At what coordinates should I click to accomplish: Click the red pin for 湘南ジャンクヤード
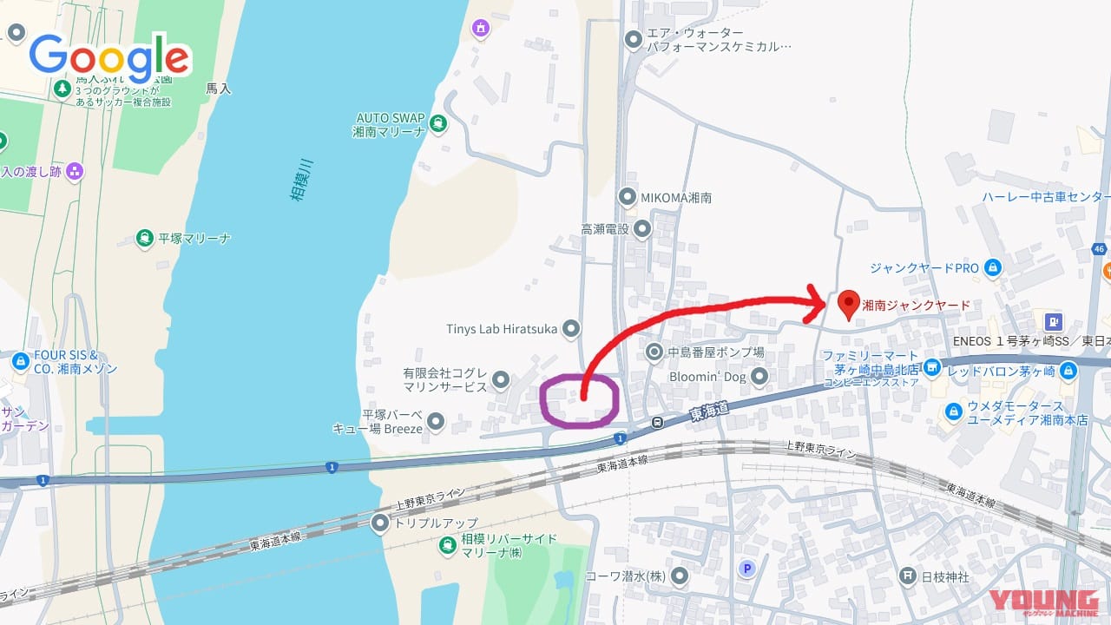pyautogui.click(x=849, y=303)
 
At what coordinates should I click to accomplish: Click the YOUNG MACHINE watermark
pyautogui.click(x=1044, y=603)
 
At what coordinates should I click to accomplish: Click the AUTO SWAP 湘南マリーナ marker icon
pyautogui.click(x=437, y=122)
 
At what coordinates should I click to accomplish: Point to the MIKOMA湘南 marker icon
pyautogui.click(x=628, y=197)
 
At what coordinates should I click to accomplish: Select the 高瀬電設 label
pyautogui.click(x=604, y=229)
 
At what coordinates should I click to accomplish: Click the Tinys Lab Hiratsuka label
pyautogui.click(x=502, y=329)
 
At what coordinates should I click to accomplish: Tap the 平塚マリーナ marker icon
pyautogui.click(x=144, y=238)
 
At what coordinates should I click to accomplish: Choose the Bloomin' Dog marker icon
pyautogui.click(x=759, y=377)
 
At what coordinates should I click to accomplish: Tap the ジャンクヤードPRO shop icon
pyautogui.click(x=992, y=268)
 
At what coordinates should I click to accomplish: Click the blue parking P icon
pyautogui.click(x=746, y=569)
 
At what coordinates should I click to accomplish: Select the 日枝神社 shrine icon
pyautogui.click(x=907, y=575)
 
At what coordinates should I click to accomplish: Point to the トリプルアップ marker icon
pyautogui.click(x=380, y=523)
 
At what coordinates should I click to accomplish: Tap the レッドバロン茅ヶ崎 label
pyautogui.click(x=1001, y=371)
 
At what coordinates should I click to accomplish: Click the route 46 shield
pyautogui.click(x=1100, y=249)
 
